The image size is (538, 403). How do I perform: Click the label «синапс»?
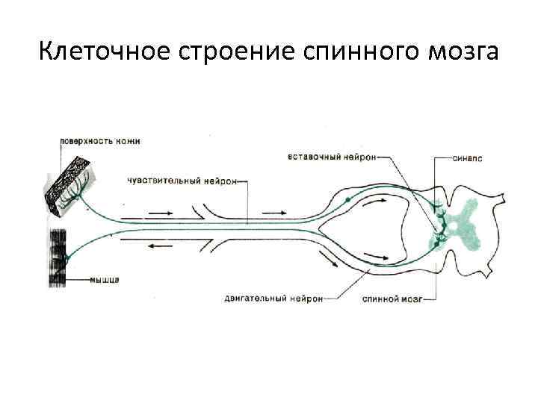(470, 159)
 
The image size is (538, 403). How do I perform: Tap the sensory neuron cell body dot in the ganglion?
(347, 200)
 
